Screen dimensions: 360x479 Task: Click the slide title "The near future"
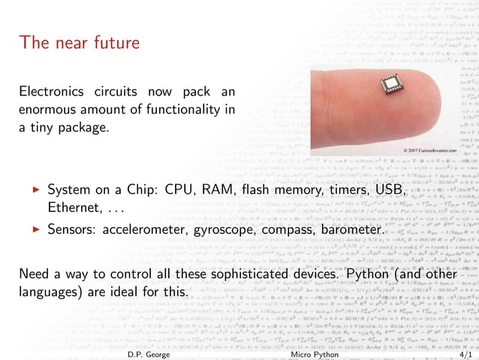[80, 42]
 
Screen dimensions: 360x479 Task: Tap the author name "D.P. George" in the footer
[149, 353]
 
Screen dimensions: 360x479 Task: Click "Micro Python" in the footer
[313, 353]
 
